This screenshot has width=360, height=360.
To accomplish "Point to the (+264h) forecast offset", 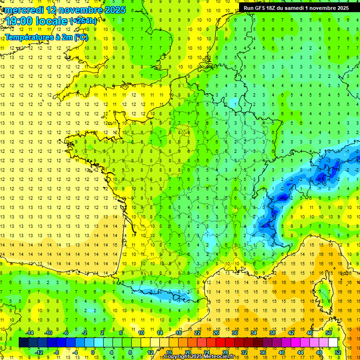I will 83,21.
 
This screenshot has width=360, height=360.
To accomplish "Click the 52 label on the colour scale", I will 338,352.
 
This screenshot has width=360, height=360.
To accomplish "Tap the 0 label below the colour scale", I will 93,352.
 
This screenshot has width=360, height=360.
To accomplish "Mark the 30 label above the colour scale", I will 235,332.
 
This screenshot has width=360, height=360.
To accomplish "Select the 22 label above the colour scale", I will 197,332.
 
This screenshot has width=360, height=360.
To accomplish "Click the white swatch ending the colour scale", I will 333,343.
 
